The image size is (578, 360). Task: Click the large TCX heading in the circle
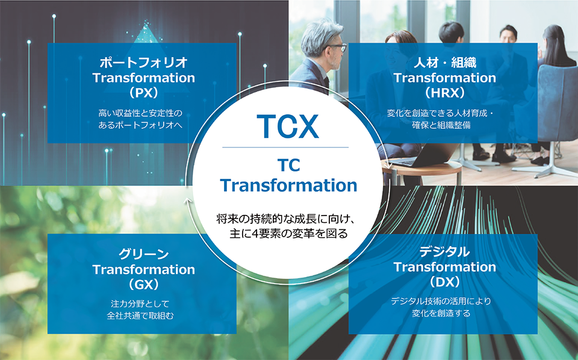pos(288,126)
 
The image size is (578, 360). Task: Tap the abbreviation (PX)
pos(144,93)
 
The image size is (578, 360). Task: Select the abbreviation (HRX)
pos(445,93)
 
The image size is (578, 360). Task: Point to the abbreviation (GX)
pos(144,285)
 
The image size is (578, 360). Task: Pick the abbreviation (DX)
pos(445,282)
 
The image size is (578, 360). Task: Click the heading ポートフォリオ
pos(144,63)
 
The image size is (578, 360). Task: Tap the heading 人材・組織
pos(445,63)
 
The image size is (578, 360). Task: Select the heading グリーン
pos(144,254)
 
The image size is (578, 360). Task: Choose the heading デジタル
pos(445,252)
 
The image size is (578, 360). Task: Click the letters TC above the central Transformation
pos(288,166)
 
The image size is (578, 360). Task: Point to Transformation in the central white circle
pos(288,185)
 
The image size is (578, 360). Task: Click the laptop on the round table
pos(424,155)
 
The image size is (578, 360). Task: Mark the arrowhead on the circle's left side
pos(188,201)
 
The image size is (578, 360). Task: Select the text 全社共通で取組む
pos(140,316)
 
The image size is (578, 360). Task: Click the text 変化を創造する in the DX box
pos(441,313)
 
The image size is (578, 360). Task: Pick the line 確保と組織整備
pos(441,125)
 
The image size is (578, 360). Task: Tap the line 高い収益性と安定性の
pos(140,113)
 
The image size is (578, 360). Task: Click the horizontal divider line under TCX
pos(285,147)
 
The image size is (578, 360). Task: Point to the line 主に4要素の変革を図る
pos(288,234)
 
